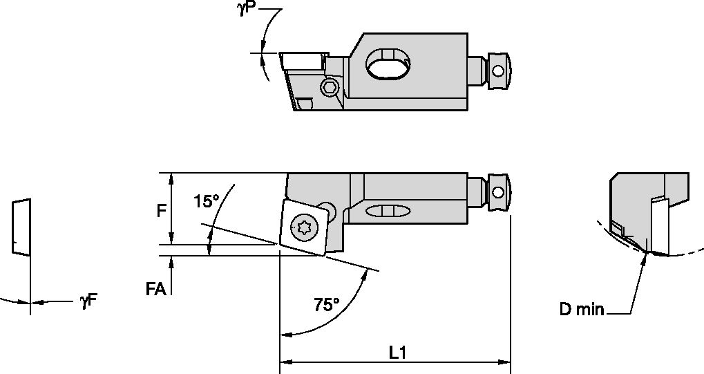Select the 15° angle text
206,201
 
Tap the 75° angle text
326,304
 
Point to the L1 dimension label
397,352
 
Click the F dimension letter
161,210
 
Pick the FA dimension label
155,289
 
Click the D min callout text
582,309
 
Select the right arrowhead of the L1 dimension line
506,361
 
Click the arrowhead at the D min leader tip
646,257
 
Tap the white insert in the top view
301,61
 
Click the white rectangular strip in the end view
660,224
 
